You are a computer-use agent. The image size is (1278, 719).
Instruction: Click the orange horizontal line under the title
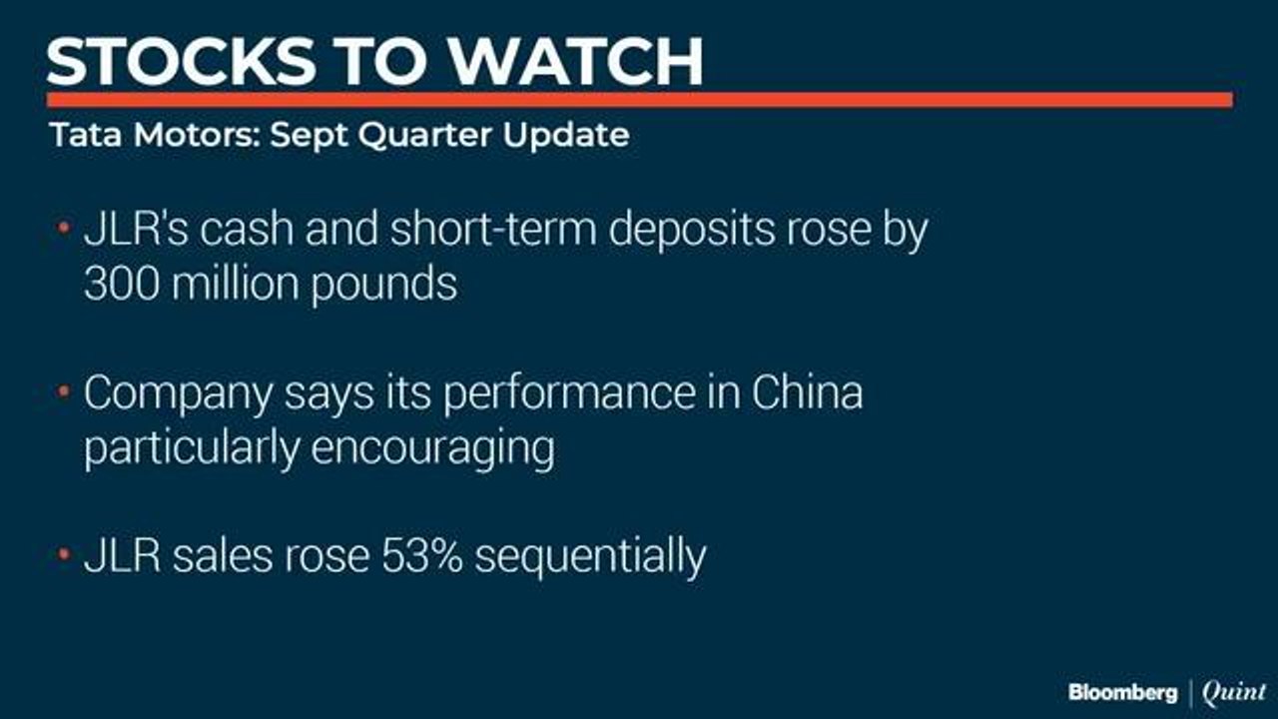point(639,100)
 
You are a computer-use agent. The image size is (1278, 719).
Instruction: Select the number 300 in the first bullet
point(121,285)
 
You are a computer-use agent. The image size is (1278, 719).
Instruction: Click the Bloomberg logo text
point(1122,692)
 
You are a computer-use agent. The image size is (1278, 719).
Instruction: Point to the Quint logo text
point(1234,692)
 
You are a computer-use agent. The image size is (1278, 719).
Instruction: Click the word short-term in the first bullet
point(492,231)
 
